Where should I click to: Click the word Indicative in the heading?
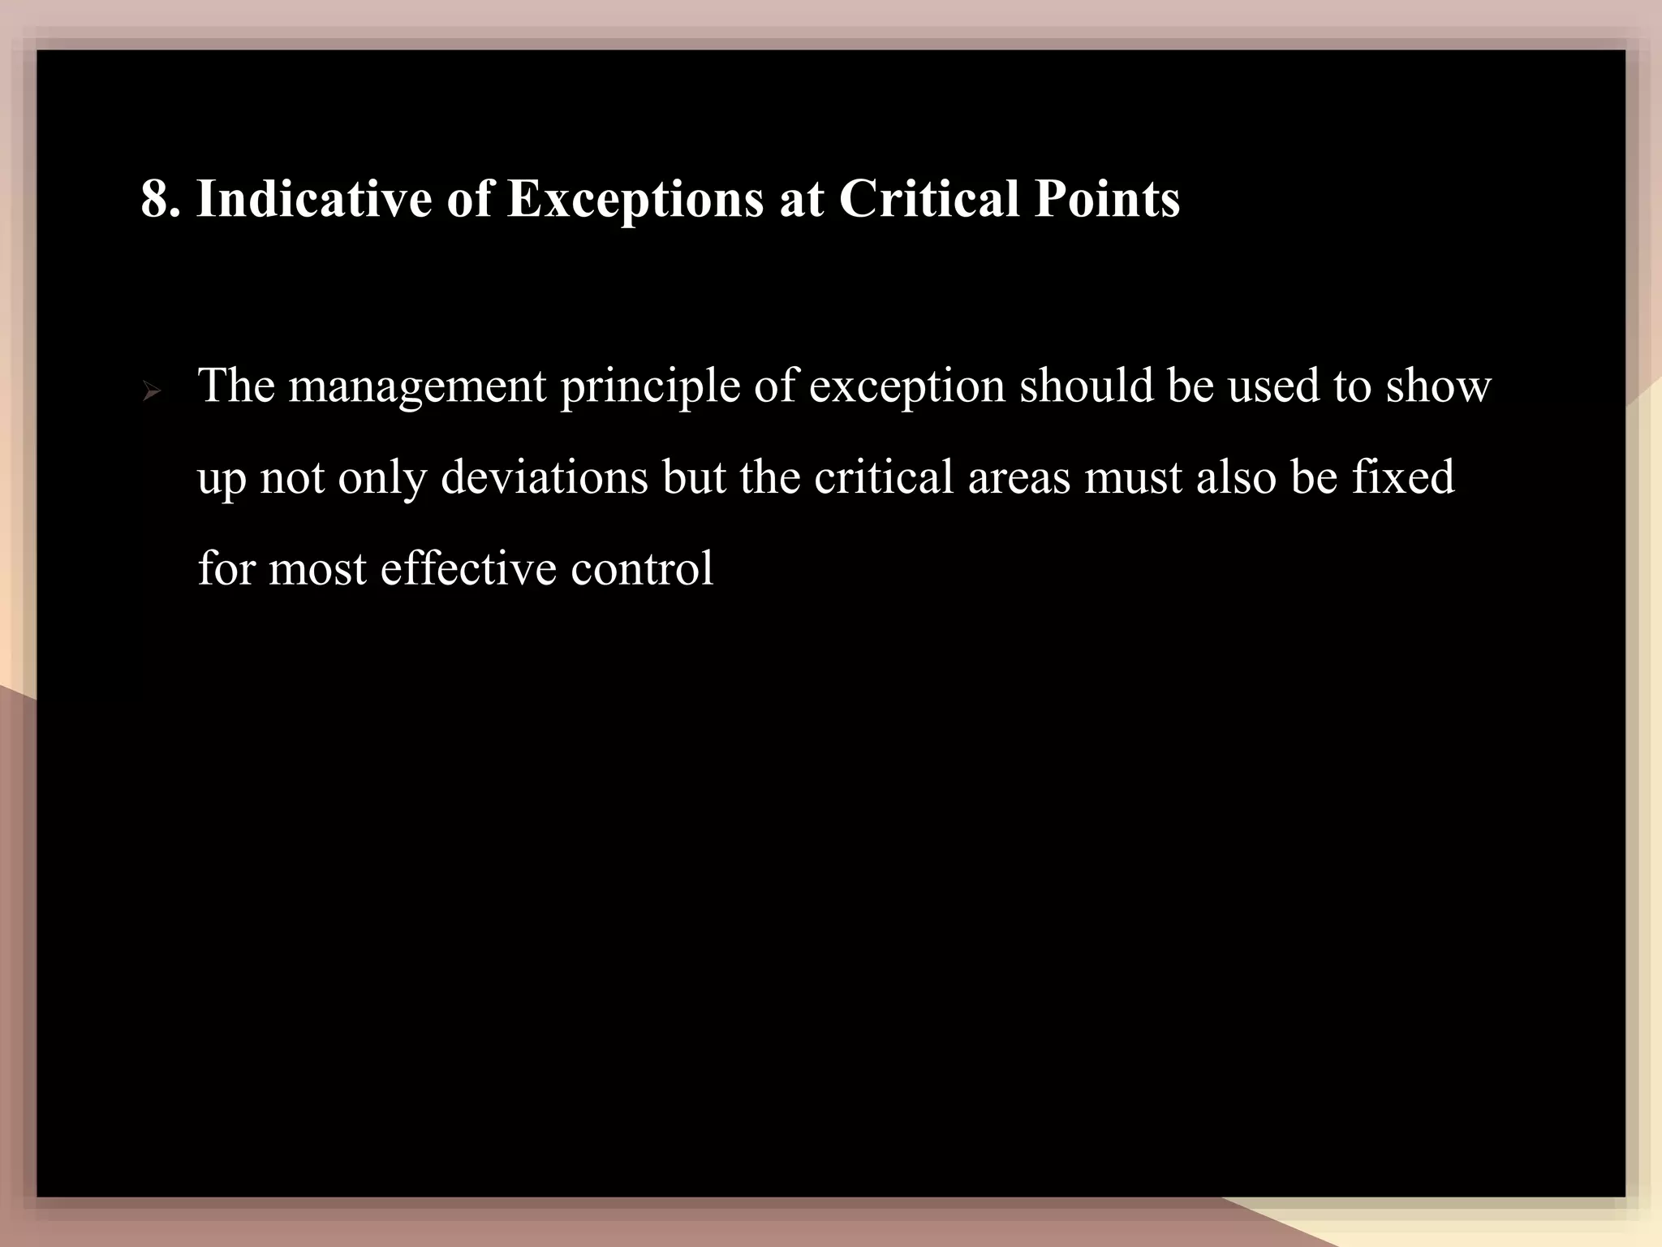[314, 199]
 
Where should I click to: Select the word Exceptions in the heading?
[635, 199]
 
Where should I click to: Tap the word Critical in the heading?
[928, 199]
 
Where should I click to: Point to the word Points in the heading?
[1107, 199]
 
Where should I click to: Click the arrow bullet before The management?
[151, 394]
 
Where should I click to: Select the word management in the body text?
[417, 386]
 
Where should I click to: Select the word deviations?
[545, 477]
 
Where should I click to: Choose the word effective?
[468, 568]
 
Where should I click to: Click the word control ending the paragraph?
[641, 568]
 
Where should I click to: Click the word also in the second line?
[1235, 477]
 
